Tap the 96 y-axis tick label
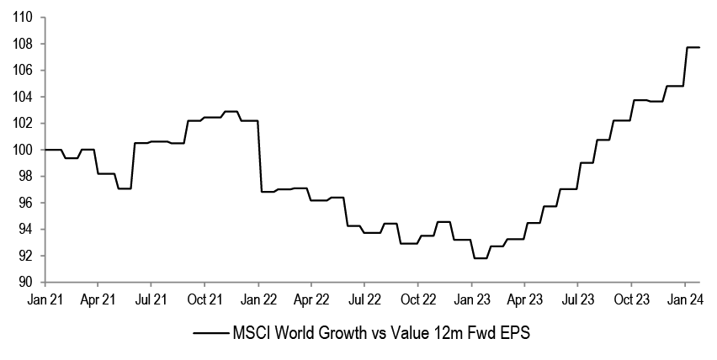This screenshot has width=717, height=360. [24, 203]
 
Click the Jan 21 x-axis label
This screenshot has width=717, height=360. [45, 299]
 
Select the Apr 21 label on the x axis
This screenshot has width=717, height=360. [98, 299]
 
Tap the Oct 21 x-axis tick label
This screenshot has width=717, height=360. [204, 299]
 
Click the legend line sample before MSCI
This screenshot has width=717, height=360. [210, 334]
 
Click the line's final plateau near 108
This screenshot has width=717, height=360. [694, 47]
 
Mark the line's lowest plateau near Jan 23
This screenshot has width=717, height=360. [481, 258]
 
